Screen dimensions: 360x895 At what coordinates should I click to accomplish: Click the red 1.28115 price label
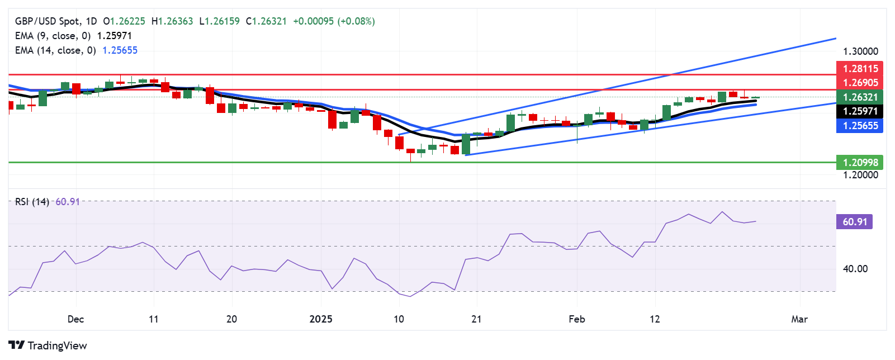tap(860, 69)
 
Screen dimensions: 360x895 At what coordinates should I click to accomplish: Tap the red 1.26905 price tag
tap(860, 83)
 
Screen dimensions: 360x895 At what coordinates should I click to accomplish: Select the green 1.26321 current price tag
tap(860, 97)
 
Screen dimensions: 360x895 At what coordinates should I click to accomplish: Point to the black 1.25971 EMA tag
tap(860, 111)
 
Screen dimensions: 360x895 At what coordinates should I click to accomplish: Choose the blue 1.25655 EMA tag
tap(860, 126)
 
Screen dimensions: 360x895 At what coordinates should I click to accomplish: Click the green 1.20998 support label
tap(860, 163)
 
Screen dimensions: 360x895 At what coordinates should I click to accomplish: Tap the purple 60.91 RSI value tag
tap(854, 222)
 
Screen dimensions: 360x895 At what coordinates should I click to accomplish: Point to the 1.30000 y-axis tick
tap(860, 51)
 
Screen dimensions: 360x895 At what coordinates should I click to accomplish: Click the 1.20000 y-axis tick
tap(860, 175)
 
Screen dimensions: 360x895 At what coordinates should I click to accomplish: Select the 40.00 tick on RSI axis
tap(855, 269)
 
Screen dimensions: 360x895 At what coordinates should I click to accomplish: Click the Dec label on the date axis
tap(75, 319)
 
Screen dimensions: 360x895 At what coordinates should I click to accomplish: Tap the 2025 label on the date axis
tap(321, 319)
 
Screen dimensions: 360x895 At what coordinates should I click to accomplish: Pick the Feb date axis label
tap(577, 319)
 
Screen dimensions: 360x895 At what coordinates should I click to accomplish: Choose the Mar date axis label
tap(799, 319)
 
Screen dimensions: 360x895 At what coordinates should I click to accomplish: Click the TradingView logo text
tap(57, 345)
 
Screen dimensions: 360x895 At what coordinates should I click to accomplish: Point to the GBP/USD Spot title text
tap(47, 21)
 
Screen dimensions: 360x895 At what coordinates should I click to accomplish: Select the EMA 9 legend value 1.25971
tap(114, 36)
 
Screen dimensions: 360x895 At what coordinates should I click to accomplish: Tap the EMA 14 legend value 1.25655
tap(120, 50)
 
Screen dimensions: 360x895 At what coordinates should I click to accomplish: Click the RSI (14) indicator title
tap(32, 202)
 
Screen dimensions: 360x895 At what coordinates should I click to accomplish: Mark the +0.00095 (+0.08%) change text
tap(334, 21)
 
